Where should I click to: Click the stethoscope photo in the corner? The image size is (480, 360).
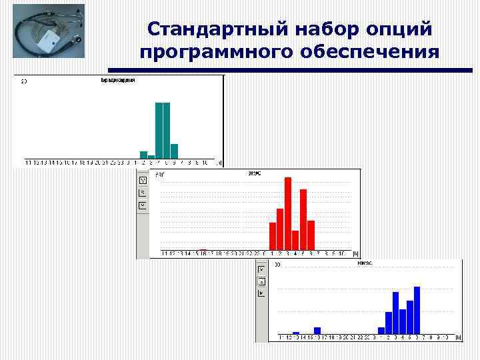pos(49,33)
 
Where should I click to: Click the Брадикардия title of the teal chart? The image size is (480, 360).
pos(118,80)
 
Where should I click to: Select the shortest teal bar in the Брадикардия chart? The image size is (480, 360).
pos(151,157)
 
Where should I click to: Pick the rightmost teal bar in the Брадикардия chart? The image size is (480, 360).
pos(175,151)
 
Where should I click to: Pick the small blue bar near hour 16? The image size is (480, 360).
pos(317,330)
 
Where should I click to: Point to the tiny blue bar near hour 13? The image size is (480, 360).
pos(296,332)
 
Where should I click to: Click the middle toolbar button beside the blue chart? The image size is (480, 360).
pos(262,281)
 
